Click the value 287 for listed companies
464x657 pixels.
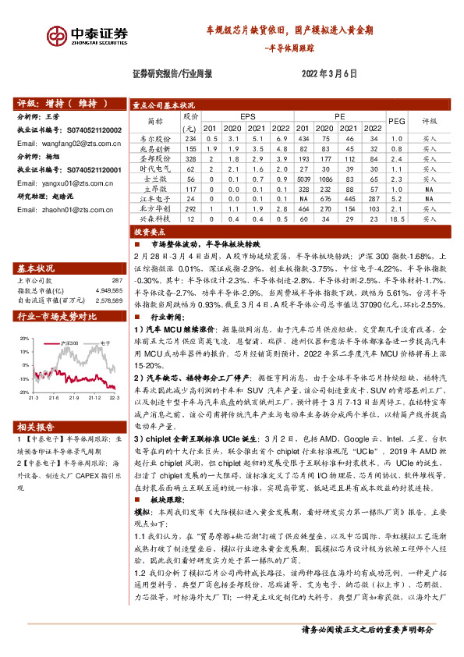[x=118, y=280]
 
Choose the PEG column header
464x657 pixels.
[x=397, y=121]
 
